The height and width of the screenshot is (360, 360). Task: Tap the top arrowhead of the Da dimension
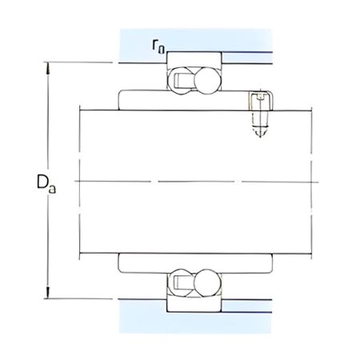[x=49, y=66]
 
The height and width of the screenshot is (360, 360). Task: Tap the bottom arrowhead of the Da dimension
[x=49, y=295]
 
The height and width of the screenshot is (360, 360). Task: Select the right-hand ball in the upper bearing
[x=205, y=80]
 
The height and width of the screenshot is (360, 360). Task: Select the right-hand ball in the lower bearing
[x=205, y=282]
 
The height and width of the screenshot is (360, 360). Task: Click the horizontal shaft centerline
[x=192, y=182]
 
